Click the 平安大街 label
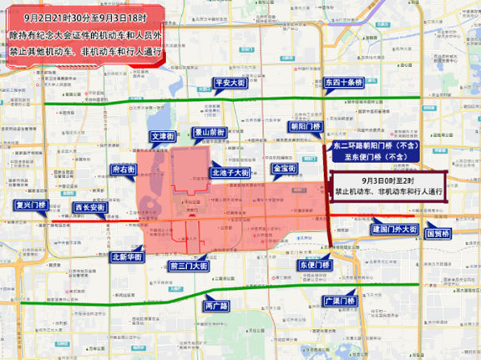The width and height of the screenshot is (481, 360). pyautogui.click(x=228, y=84)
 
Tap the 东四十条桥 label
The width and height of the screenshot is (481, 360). pyautogui.click(x=342, y=84)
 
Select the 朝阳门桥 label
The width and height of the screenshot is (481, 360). pyautogui.click(x=306, y=126)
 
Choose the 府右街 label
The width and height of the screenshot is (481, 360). pyautogui.click(x=124, y=170)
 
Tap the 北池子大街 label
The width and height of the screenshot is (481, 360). pyautogui.click(x=230, y=172)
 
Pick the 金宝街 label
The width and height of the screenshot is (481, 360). pyautogui.click(x=286, y=169)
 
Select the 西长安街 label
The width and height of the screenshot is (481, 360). pyautogui.click(x=88, y=207)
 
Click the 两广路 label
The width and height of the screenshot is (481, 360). pyautogui.click(x=216, y=307)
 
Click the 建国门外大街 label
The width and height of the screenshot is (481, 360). pyautogui.click(x=394, y=229)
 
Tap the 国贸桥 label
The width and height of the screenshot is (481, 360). pyautogui.click(x=438, y=234)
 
